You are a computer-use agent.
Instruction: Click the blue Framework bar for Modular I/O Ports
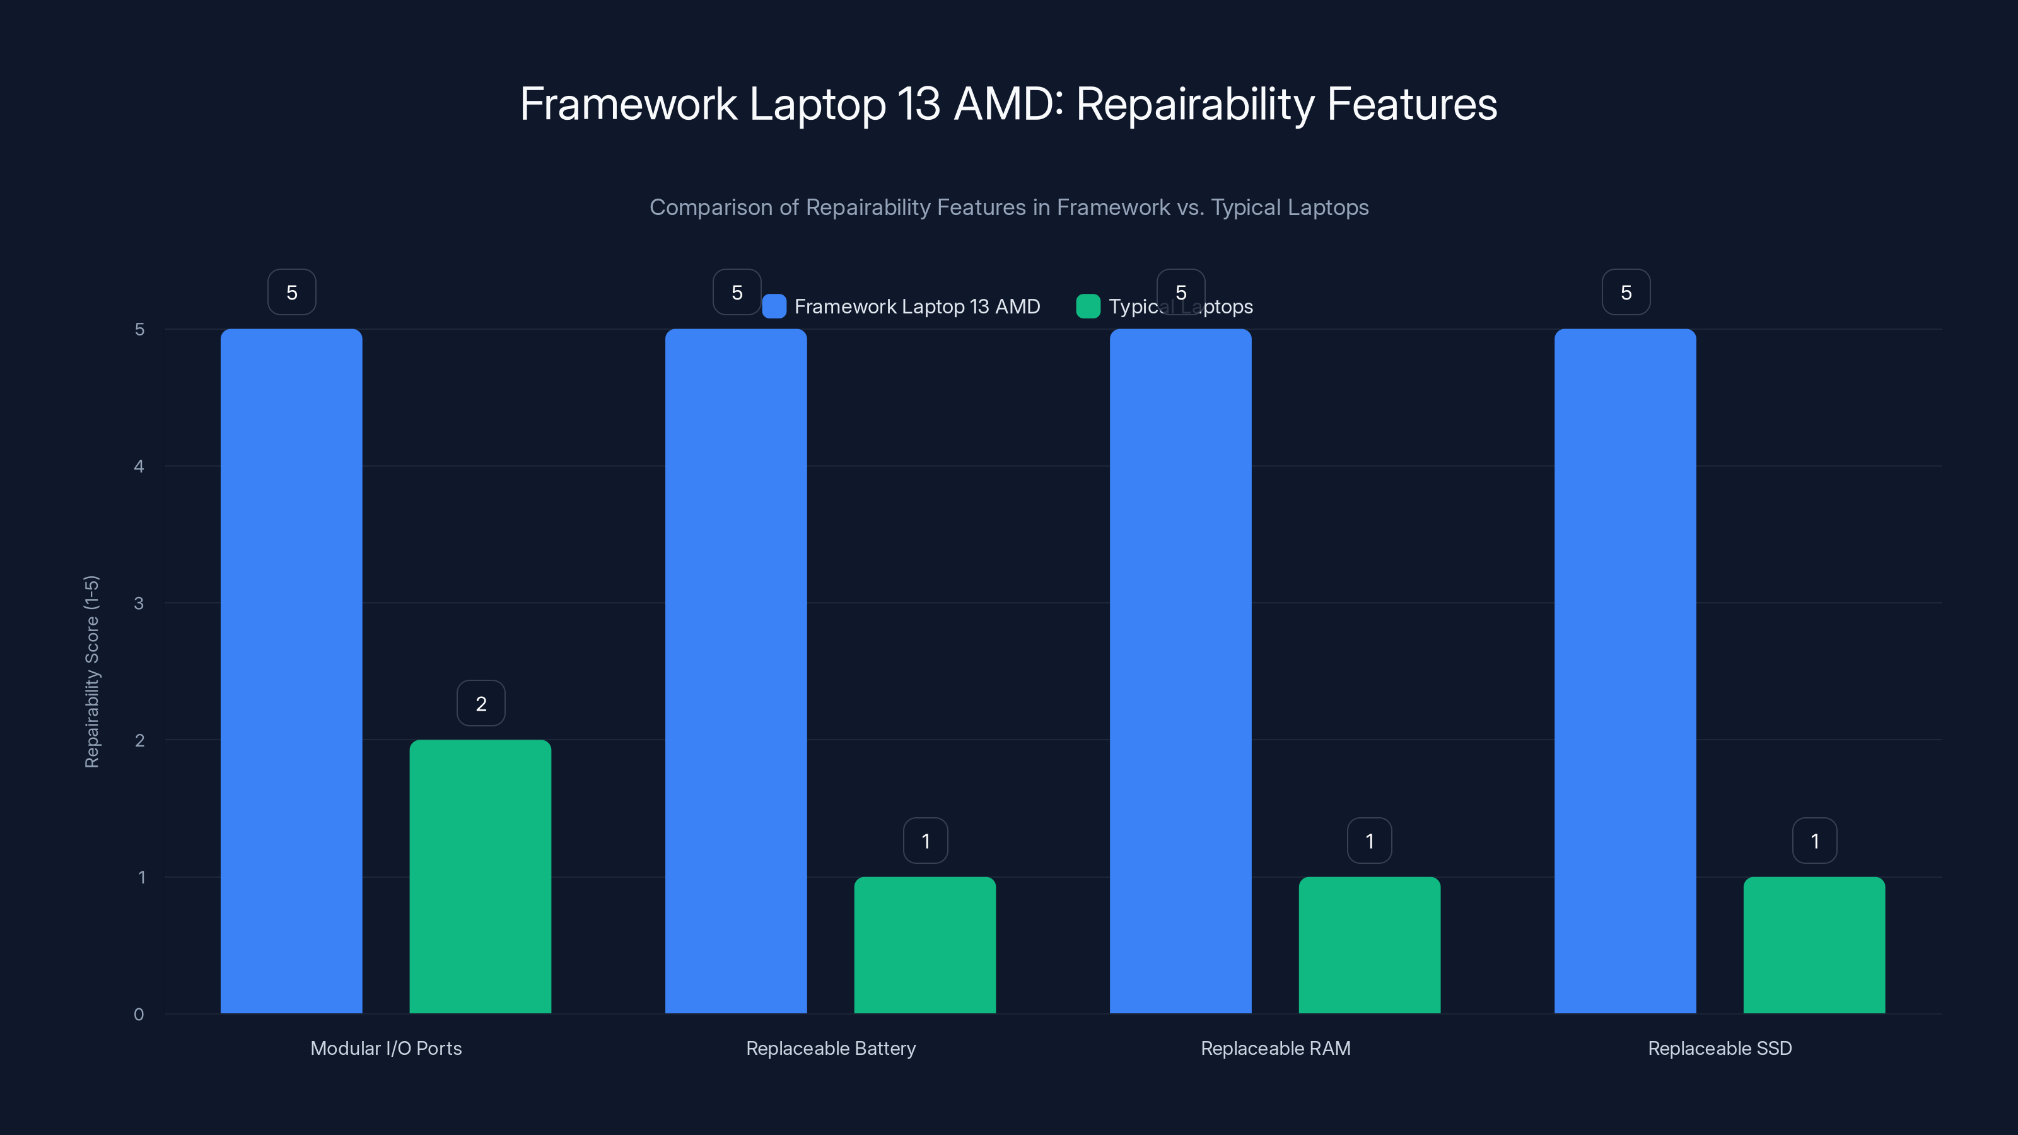click(x=291, y=670)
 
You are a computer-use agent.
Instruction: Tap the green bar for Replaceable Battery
click(x=924, y=945)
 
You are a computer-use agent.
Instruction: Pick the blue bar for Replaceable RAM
click(x=1181, y=670)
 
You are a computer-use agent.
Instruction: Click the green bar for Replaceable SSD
click(x=1814, y=945)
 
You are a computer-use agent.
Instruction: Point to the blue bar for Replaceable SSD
click(x=1624, y=670)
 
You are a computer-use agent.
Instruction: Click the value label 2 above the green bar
click(x=481, y=704)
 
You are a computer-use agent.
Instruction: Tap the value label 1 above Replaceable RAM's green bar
click(x=1369, y=841)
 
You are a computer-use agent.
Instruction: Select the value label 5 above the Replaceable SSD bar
click(x=1626, y=292)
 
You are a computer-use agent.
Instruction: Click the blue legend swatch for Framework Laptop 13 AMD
click(x=774, y=306)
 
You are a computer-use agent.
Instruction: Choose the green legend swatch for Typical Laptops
click(x=1088, y=306)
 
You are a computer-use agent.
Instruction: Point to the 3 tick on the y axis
click(x=139, y=603)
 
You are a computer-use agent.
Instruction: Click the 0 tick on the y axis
click(x=139, y=1015)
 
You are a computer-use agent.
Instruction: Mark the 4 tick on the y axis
click(x=139, y=466)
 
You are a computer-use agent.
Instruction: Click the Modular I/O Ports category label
click(x=385, y=1048)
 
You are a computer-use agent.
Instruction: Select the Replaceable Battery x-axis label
click(x=831, y=1048)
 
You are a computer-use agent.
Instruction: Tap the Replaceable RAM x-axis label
click(x=1275, y=1048)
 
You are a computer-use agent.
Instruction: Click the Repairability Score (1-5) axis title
click(x=91, y=672)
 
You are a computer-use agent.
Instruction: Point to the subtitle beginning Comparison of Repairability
click(x=1009, y=207)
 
